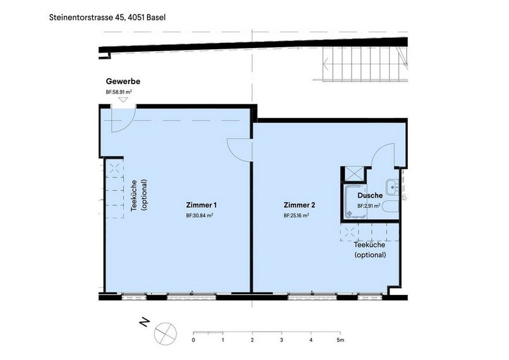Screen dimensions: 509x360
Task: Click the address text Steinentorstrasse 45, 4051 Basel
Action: pyautogui.click(x=107, y=17)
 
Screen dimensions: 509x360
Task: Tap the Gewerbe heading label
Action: pyautogui.click(x=123, y=81)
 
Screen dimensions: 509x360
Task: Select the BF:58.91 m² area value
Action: pyautogui.click(x=119, y=92)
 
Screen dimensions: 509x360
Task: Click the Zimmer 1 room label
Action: pyautogui.click(x=201, y=205)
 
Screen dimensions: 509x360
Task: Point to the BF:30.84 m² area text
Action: pyautogui.click(x=200, y=215)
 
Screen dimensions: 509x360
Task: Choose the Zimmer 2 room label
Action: pyautogui.click(x=299, y=205)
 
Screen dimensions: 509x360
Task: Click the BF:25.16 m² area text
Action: pyautogui.click(x=296, y=215)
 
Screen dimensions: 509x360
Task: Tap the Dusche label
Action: pyautogui.click(x=370, y=195)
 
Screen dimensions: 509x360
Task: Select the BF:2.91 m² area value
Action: pyautogui.click(x=369, y=206)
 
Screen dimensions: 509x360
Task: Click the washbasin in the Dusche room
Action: pyautogui.click(x=392, y=188)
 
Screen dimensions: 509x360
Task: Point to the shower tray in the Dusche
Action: pyautogui.click(x=355, y=201)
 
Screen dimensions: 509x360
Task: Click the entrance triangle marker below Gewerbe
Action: pyautogui.click(x=123, y=100)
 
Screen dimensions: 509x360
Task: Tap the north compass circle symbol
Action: pyautogui.click(x=165, y=333)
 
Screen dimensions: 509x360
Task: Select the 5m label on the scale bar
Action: pyautogui.click(x=340, y=340)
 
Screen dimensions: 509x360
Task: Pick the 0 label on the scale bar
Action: pyautogui.click(x=193, y=340)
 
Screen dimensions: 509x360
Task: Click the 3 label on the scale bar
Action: pyautogui.click(x=282, y=340)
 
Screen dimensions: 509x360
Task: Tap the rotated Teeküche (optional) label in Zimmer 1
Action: pyautogui.click(x=138, y=195)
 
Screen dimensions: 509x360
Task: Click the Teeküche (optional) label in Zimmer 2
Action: pyautogui.click(x=370, y=249)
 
